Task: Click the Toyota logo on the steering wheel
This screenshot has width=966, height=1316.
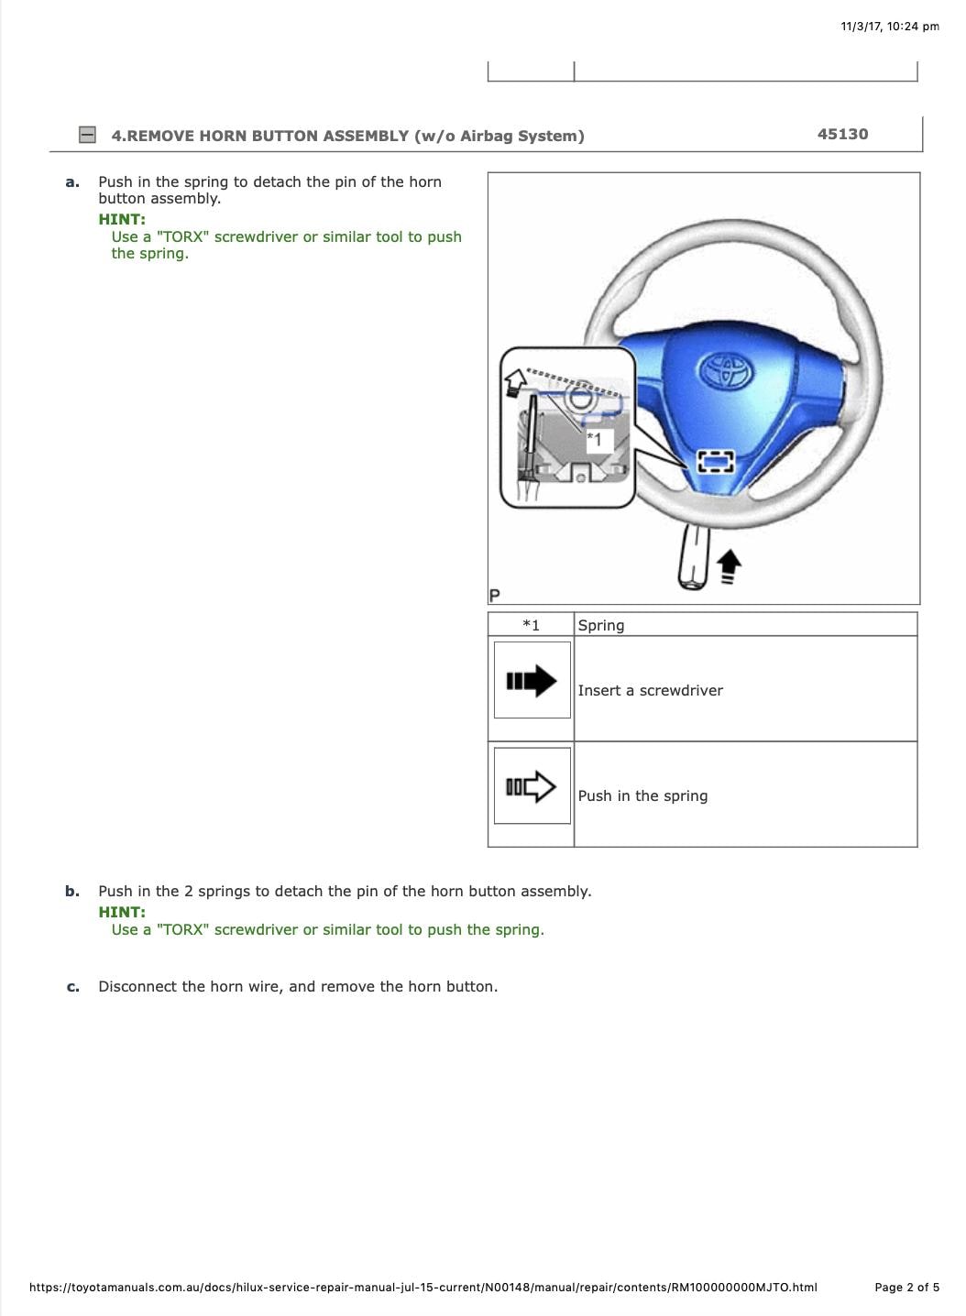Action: coord(726,370)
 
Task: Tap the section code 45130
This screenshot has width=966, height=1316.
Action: coord(842,134)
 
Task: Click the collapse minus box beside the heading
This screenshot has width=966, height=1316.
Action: coord(87,135)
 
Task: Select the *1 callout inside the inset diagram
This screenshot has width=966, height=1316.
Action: coord(596,440)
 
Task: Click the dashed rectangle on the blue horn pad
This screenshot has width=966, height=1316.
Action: coord(716,461)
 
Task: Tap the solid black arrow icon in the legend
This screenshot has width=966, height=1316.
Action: coord(532,681)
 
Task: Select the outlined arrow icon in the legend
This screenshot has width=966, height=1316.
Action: coord(532,786)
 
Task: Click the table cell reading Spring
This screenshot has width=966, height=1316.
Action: coord(601,625)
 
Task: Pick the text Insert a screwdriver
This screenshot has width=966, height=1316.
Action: coord(650,690)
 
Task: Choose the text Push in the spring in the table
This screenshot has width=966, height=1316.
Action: coord(642,795)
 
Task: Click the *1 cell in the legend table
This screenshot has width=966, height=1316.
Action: coord(531,625)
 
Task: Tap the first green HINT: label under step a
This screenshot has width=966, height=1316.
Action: coord(122,219)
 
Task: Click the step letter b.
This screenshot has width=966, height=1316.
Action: coord(72,891)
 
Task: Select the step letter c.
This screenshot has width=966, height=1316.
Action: coord(72,987)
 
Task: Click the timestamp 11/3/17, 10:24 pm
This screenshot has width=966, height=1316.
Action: coord(889,26)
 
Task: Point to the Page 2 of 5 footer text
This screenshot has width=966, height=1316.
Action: coord(906,1287)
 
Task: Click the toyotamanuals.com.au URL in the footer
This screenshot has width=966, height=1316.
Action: coord(423,1287)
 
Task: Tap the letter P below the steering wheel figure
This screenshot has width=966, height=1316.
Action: coord(495,596)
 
